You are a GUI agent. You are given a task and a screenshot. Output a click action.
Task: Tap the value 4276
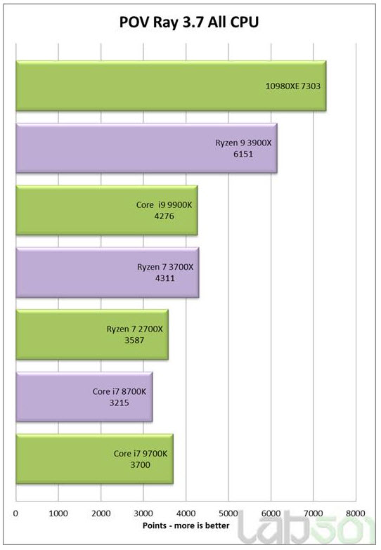[165, 216]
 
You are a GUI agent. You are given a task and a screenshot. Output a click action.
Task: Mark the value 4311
[166, 278]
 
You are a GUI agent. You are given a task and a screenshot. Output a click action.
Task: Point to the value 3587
[135, 340]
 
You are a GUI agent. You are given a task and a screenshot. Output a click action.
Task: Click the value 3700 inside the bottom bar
[140, 464]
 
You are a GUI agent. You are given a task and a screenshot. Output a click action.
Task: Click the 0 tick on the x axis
[15, 513]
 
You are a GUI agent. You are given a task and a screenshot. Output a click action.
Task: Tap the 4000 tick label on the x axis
[186, 513]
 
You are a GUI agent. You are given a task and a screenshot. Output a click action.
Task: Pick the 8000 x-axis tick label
[356, 513]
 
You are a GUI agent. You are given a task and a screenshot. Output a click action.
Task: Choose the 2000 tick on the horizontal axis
[101, 513]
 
